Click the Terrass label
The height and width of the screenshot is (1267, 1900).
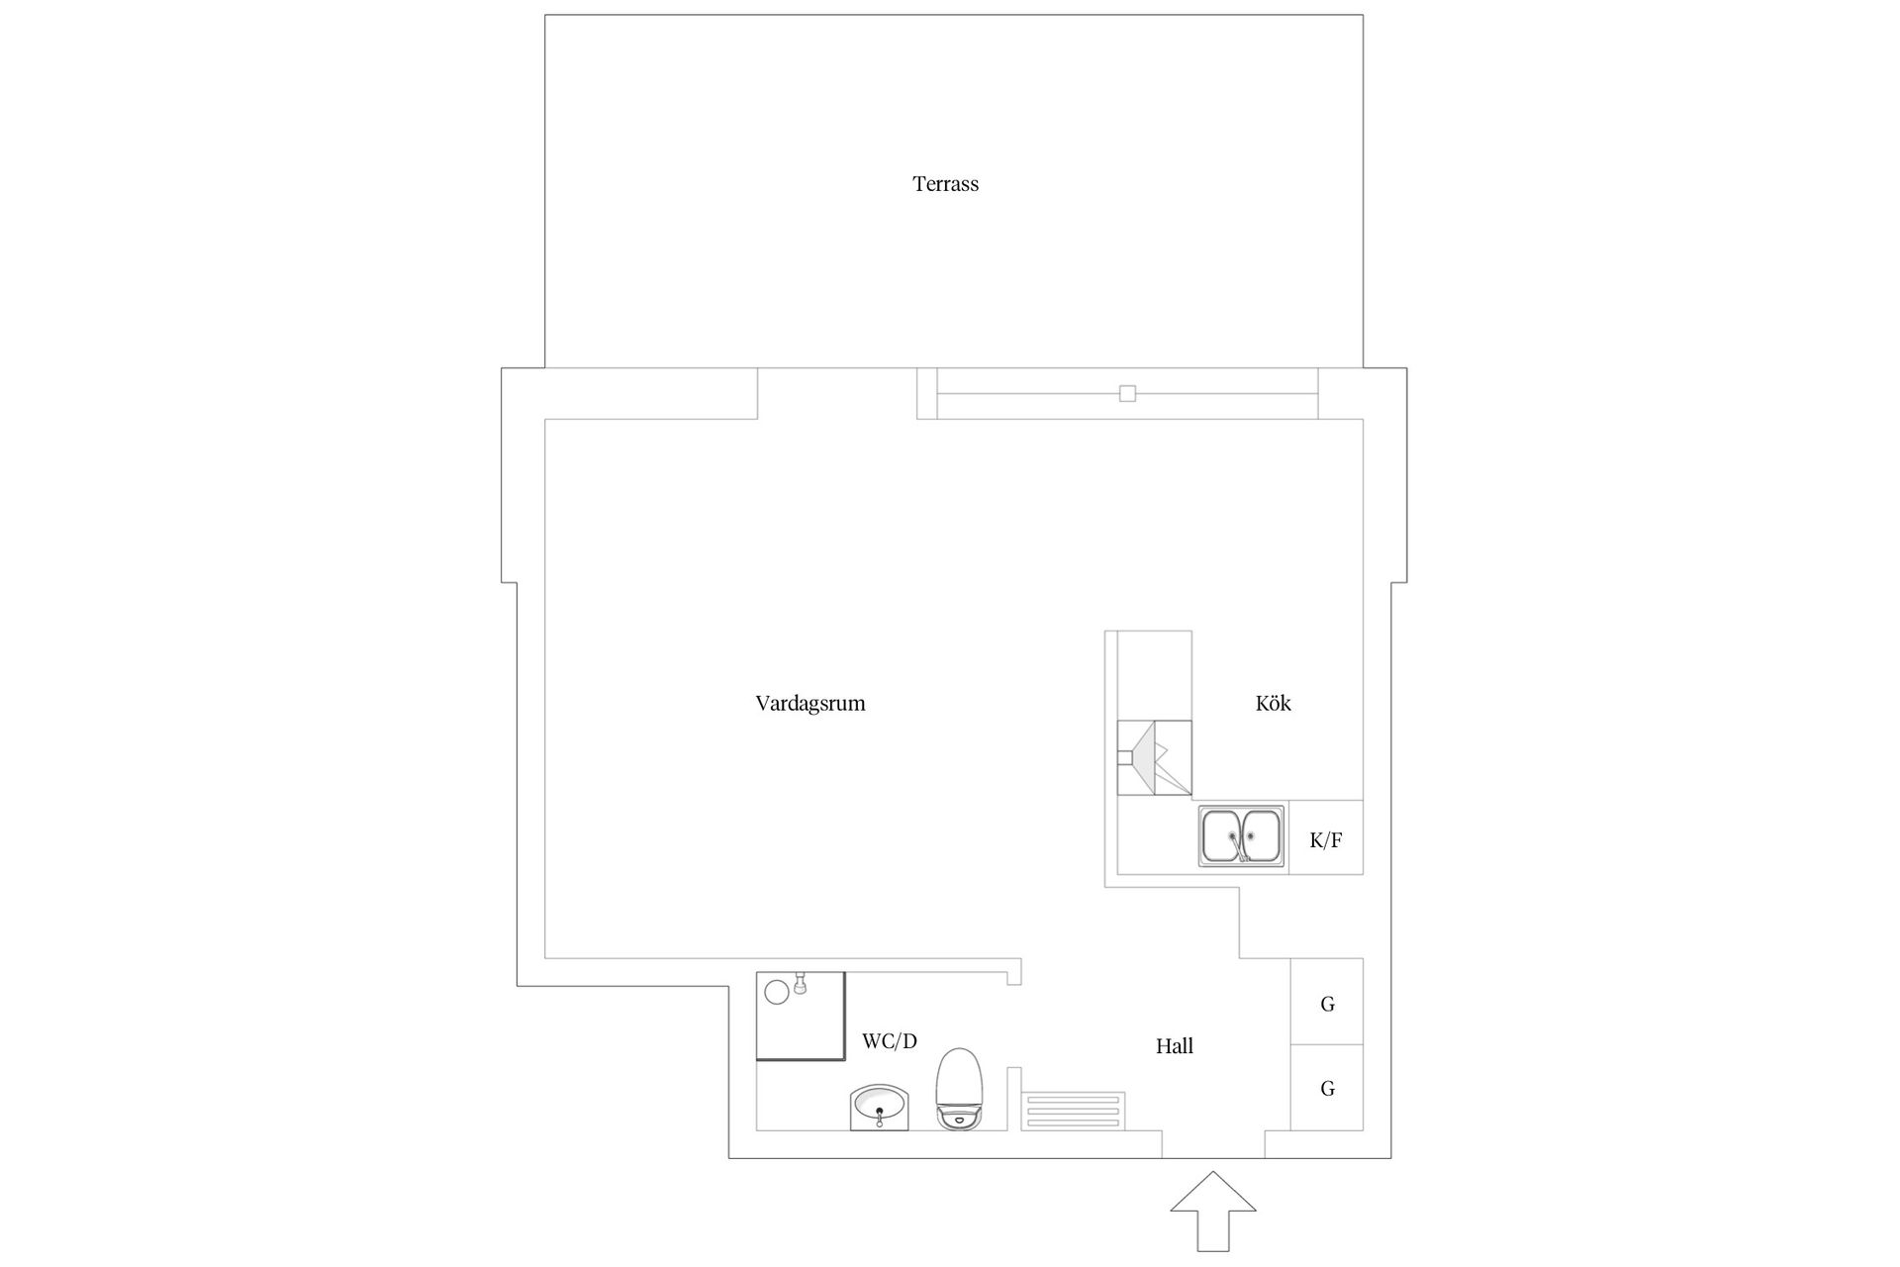coord(945,184)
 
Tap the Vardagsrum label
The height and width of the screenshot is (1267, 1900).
coord(810,704)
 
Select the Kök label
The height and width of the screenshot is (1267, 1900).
coord(1273,703)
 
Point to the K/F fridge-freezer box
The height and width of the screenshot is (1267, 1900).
coord(1326,837)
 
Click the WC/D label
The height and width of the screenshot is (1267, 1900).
coord(890,1041)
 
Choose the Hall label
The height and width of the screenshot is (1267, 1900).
coord(1175,1046)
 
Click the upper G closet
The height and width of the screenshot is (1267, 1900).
coord(1327,1002)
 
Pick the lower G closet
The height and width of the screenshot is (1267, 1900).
coord(1327,1088)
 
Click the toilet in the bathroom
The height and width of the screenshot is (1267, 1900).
coord(960,1090)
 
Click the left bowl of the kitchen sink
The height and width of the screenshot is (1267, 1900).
coord(1222,836)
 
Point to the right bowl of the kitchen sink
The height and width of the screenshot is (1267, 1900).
coord(1262,836)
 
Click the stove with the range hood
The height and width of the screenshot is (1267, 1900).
coord(1154,757)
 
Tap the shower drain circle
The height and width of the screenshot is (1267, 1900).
coord(777,992)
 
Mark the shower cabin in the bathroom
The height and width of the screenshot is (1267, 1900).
coord(801,1016)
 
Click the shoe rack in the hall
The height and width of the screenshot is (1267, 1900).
coord(1073,1112)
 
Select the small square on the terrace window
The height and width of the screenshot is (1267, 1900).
coord(1127,393)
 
